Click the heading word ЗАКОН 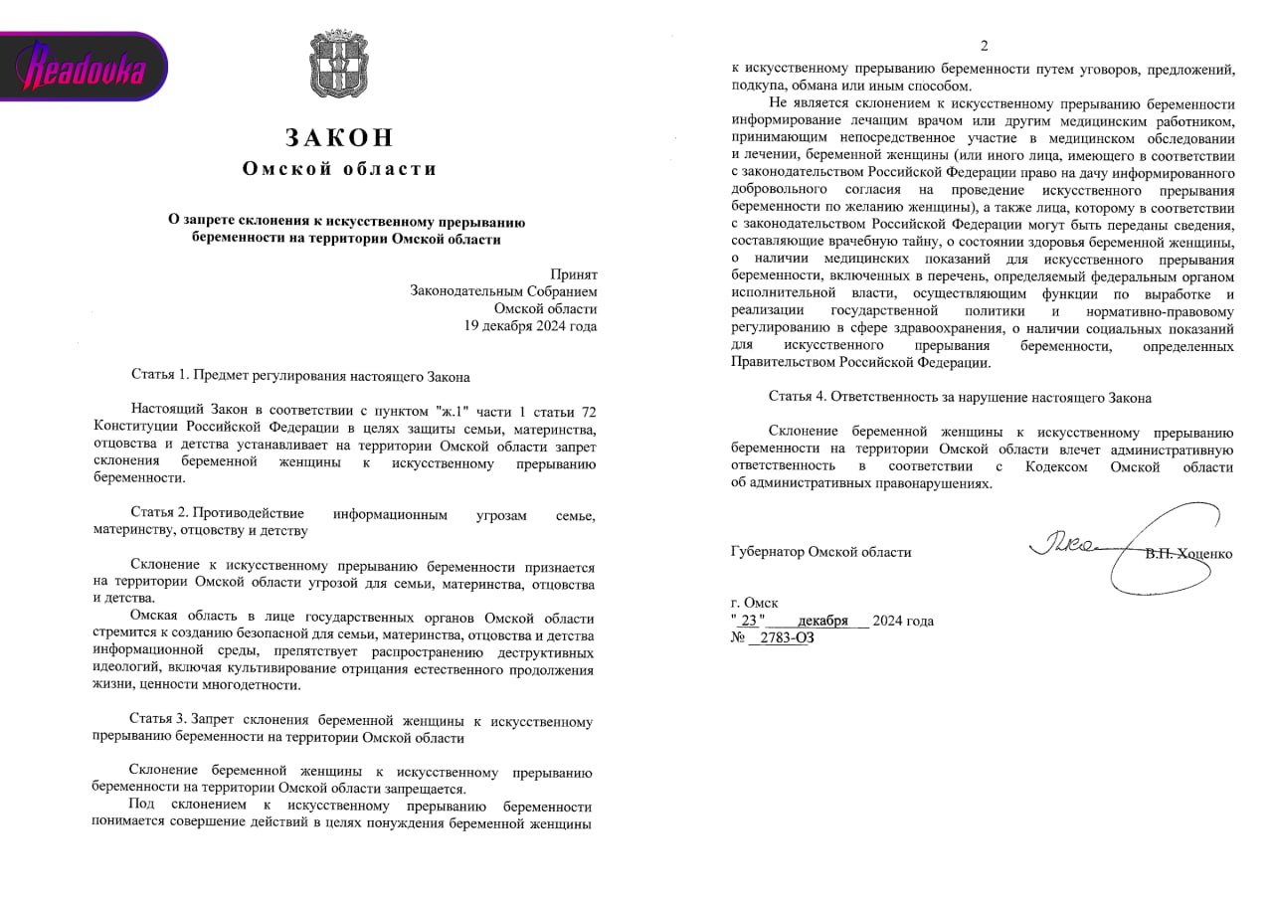(x=340, y=138)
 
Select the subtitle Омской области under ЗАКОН (x=340, y=169)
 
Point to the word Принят (x=574, y=273)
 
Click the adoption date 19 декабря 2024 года (x=531, y=325)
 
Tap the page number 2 (x=985, y=46)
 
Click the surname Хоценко (x=1205, y=554)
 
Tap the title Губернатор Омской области (x=820, y=552)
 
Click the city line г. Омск (x=755, y=603)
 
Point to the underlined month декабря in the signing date (x=821, y=621)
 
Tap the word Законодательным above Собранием (x=461, y=290)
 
